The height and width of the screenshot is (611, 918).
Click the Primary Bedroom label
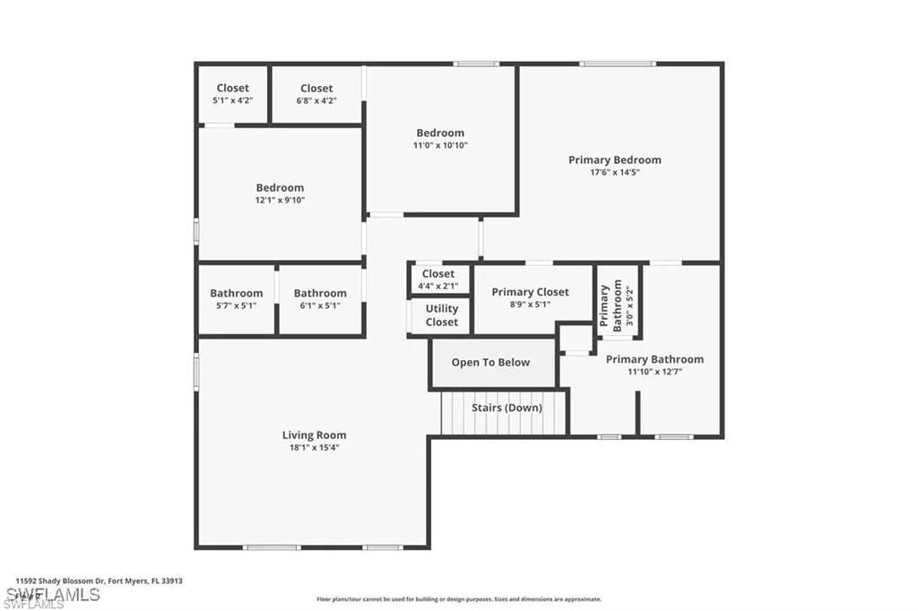[x=614, y=160]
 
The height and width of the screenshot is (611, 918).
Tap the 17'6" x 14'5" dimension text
[x=614, y=172]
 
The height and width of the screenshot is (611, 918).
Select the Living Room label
[x=314, y=435]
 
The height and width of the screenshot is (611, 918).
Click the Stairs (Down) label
[x=507, y=408]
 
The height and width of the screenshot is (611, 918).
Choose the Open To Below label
[x=490, y=363]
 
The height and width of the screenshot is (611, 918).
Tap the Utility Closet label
[x=441, y=315]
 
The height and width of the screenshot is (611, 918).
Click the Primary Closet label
[x=530, y=292]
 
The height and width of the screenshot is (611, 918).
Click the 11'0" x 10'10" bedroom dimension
[x=440, y=145]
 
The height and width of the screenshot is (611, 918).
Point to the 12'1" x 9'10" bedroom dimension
[x=280, y=200]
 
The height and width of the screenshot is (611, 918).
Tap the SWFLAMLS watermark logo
[x=54, y=596]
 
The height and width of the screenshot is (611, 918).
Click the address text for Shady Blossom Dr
[x=100, y=581]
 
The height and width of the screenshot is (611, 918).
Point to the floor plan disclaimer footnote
[x=458, y=599]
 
